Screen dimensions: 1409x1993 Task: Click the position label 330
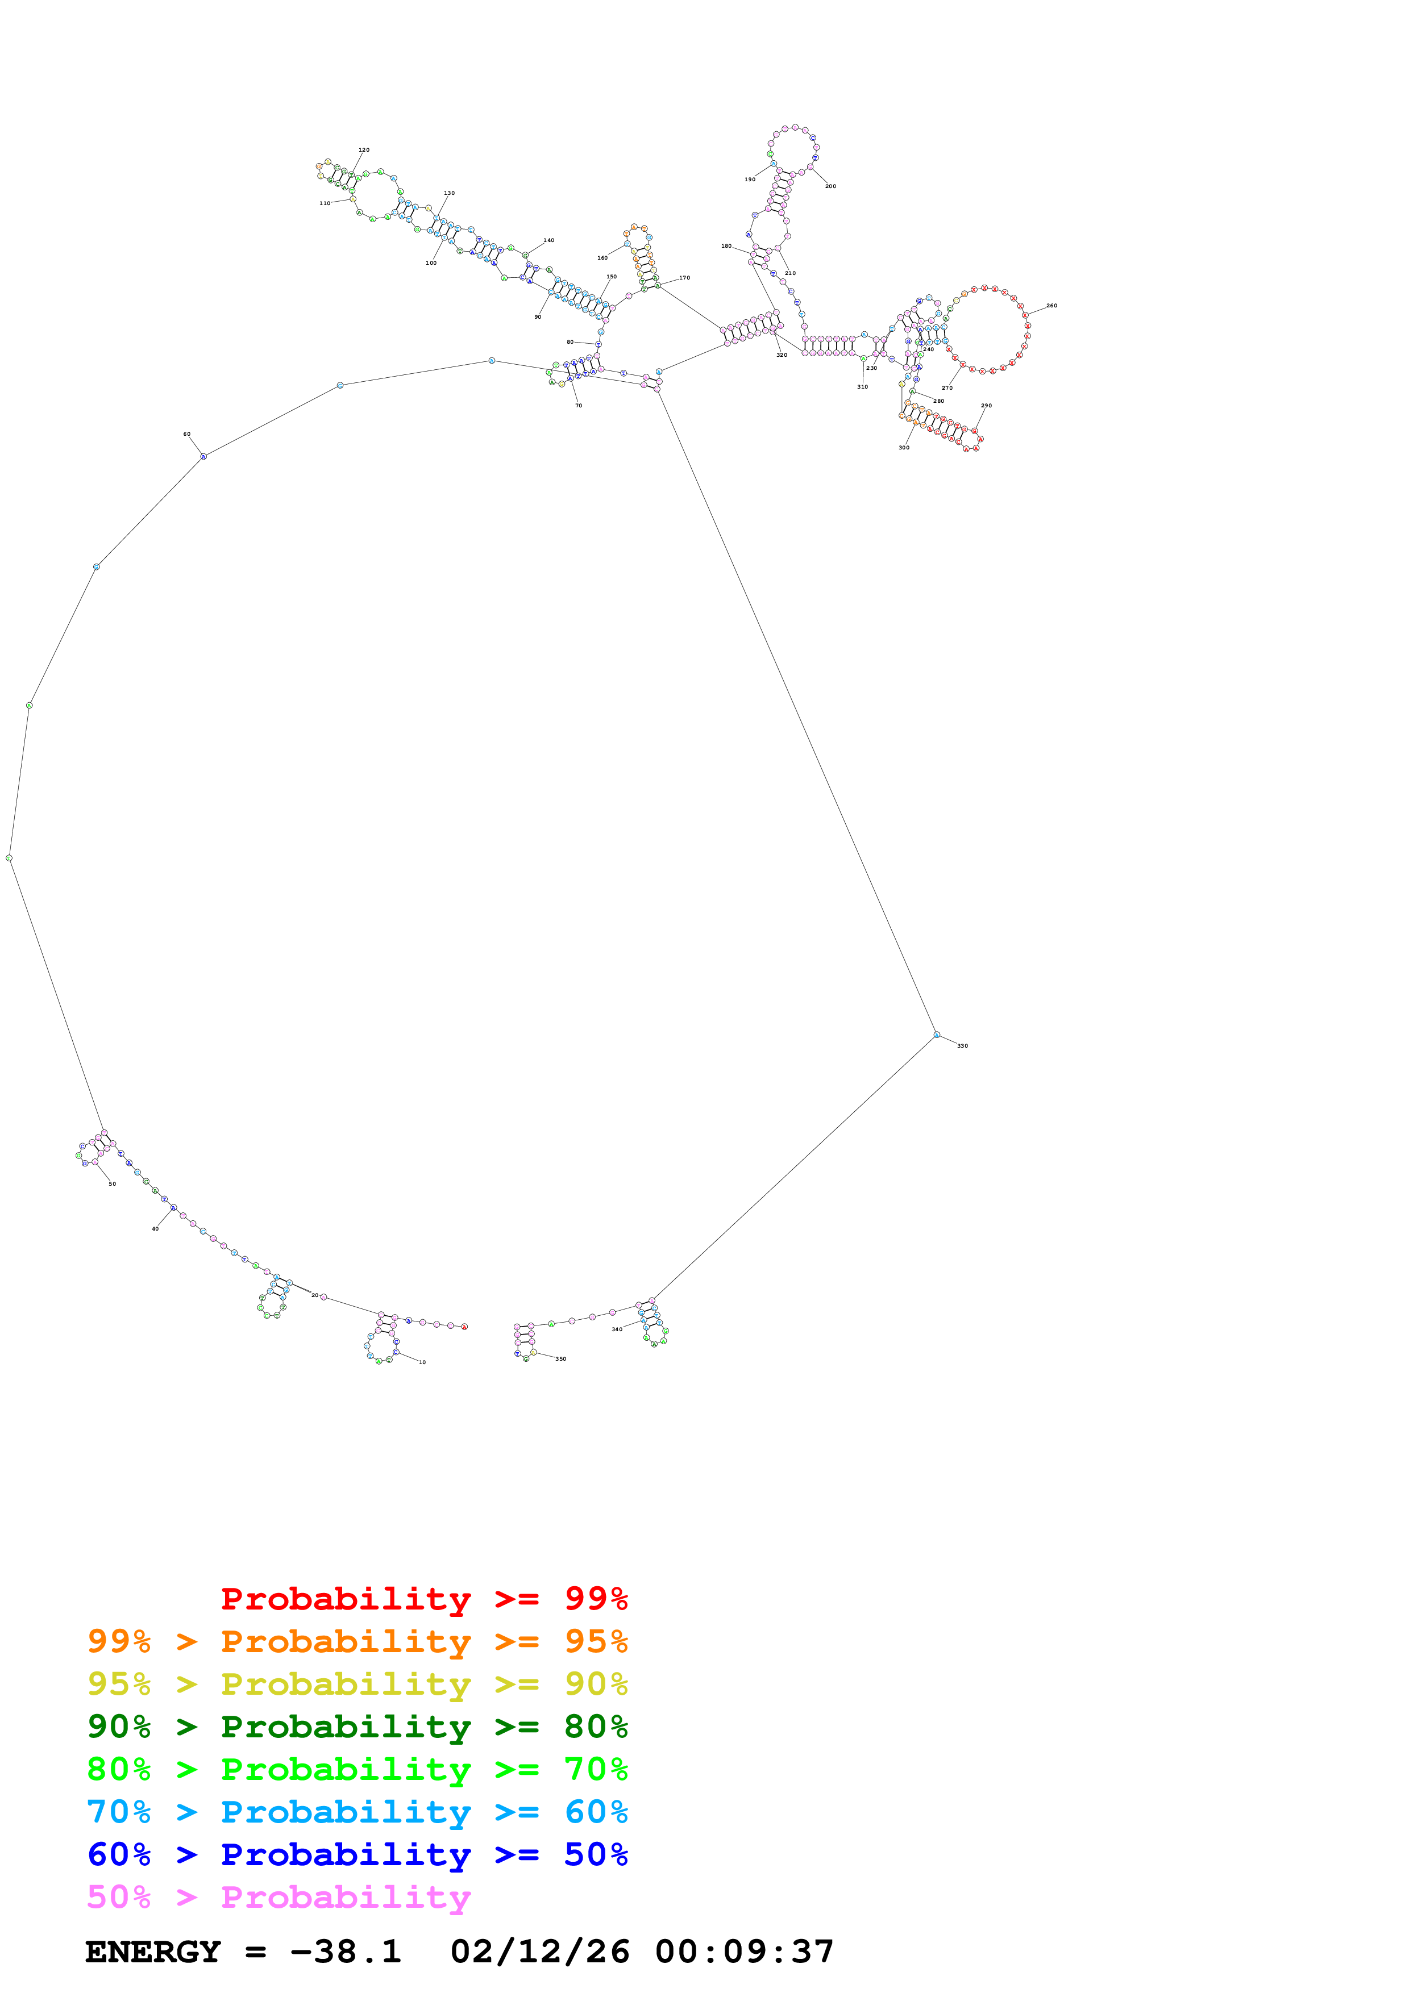pos(962,1046)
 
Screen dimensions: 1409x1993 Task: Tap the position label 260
pos(1051,306)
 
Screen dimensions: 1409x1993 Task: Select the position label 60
pos(186,434)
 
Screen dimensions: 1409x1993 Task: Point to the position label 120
pos(364,150)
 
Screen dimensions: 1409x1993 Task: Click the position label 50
pos(112,1184)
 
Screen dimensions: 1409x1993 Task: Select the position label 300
pos(904,448)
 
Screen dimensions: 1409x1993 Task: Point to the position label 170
pos(684,278)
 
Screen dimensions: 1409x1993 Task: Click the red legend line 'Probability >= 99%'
pos(423,1598)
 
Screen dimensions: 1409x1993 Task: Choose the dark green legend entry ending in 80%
pos(357,1727)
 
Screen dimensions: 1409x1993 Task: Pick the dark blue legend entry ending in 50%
pos(357,1854)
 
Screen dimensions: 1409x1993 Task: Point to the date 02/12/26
pos(539,1952)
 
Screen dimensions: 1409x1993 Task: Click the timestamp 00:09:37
pos(744,1952)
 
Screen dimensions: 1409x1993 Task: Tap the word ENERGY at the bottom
pos(153,1952)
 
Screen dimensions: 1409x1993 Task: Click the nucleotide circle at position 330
pos(937,1035)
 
